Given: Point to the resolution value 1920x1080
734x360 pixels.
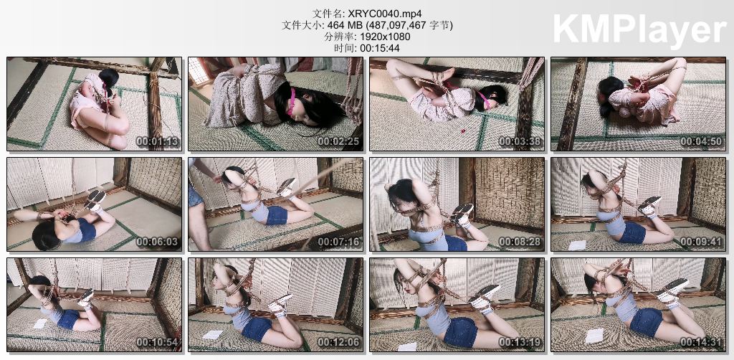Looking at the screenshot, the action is (x=383, y=37).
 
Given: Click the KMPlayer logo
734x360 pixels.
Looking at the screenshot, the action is (x=639, y=29).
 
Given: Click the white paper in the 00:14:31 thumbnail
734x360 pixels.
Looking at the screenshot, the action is (x=594, y=335).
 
